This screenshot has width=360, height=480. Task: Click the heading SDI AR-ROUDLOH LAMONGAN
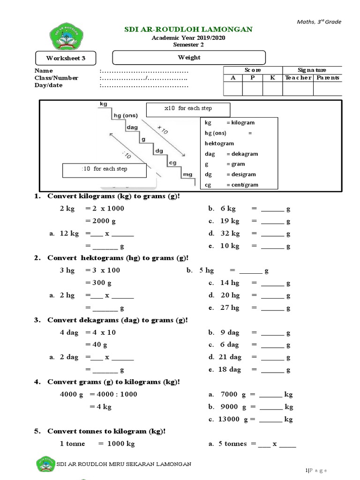(x=188, y=30)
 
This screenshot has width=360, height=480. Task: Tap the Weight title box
(x=189, y=58)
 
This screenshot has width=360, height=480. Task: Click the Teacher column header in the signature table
(x=298, y=78)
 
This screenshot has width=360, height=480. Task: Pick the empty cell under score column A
(x=233, y=89)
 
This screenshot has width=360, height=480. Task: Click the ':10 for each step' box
(x=104, y=170)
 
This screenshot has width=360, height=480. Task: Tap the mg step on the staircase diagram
(x=187, y=174)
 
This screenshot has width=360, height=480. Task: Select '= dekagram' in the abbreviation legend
(x=241, y=154)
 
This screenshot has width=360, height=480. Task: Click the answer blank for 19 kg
(x=272, y=221)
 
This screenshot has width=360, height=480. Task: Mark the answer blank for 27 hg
(x=272, y=308)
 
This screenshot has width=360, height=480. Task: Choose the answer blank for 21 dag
(x=272, y=357)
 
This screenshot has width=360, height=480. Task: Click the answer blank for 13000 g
(x=270, y=419)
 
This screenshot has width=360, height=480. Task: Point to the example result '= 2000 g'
(x=100, y=221)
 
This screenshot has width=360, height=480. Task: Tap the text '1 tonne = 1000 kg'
(x=97, y=443)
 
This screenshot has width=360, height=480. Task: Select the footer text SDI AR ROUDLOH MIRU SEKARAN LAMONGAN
(x=124, y=464)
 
